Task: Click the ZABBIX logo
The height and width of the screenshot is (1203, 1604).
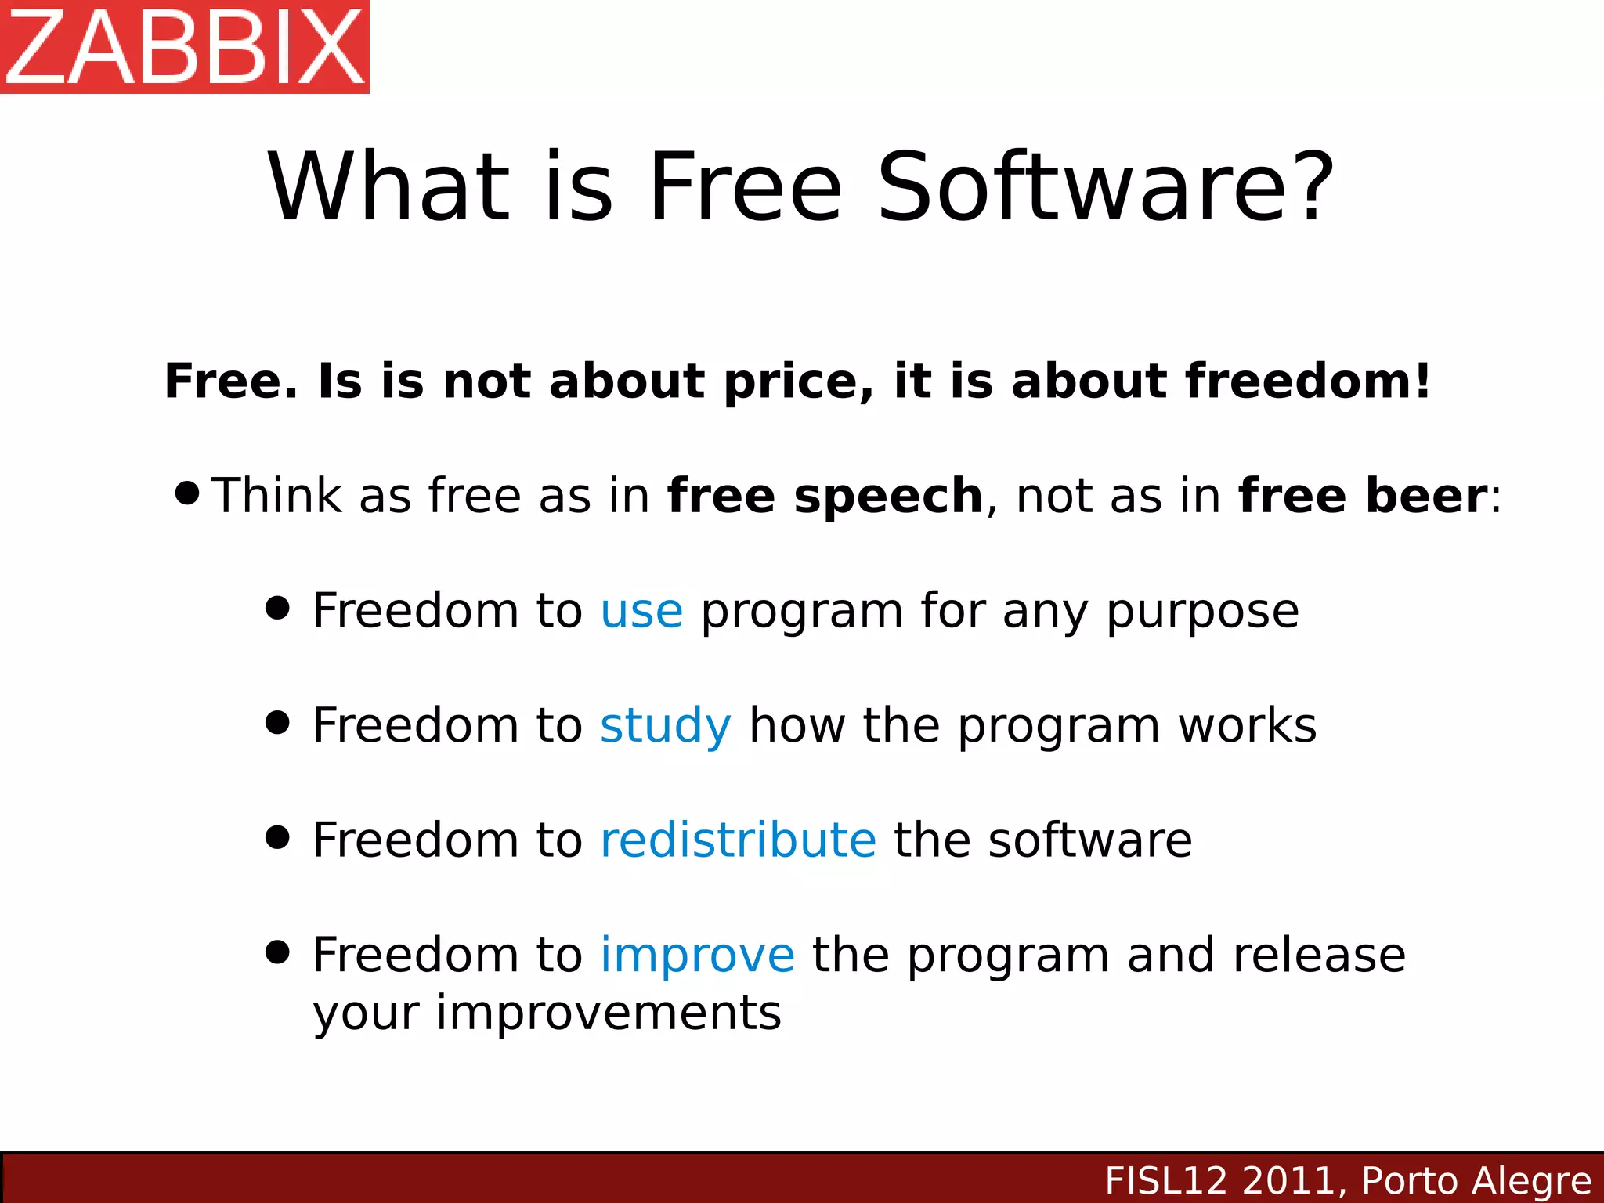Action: (185, 47)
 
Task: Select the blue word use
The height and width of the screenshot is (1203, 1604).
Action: (641, 612)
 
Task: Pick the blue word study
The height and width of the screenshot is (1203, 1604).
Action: (665, 726)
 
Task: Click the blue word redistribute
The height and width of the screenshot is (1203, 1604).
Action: (738, 840)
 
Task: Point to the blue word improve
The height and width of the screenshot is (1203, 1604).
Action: (697, 956)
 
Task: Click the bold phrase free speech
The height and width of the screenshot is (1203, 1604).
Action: (825, 497)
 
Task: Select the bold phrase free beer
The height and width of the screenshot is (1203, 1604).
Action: (1363, 497)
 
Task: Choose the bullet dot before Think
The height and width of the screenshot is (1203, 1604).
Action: (188, 493)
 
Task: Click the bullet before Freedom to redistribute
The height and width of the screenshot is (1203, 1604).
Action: (277, 837)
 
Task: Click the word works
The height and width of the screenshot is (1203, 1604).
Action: (1247, 726)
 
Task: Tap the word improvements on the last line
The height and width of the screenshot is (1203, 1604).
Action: (609, 1013)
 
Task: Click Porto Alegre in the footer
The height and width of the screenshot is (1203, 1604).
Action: (1476, 1181)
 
